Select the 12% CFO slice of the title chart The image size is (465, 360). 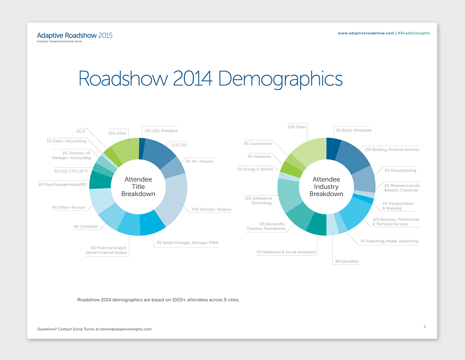point(159,151)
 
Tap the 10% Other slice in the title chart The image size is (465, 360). point(125,149)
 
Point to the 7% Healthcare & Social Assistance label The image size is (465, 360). point(286,252)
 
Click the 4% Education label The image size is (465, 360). point(347,261)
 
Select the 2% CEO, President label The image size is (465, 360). point(161,131)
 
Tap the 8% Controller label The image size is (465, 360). point(86,227)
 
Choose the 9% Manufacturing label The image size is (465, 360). point(400,171)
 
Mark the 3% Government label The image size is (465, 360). point(257,144)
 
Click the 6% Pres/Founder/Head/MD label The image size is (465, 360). point(62,184)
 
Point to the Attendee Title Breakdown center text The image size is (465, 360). point(138,186)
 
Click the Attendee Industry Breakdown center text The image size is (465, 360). point(326,186)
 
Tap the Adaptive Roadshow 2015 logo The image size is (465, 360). point(75,36)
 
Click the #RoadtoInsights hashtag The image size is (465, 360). point(414,33)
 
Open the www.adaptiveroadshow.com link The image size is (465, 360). point(366,33)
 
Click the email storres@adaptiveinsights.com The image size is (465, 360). point(126,329)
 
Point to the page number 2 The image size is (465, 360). point(424,327)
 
